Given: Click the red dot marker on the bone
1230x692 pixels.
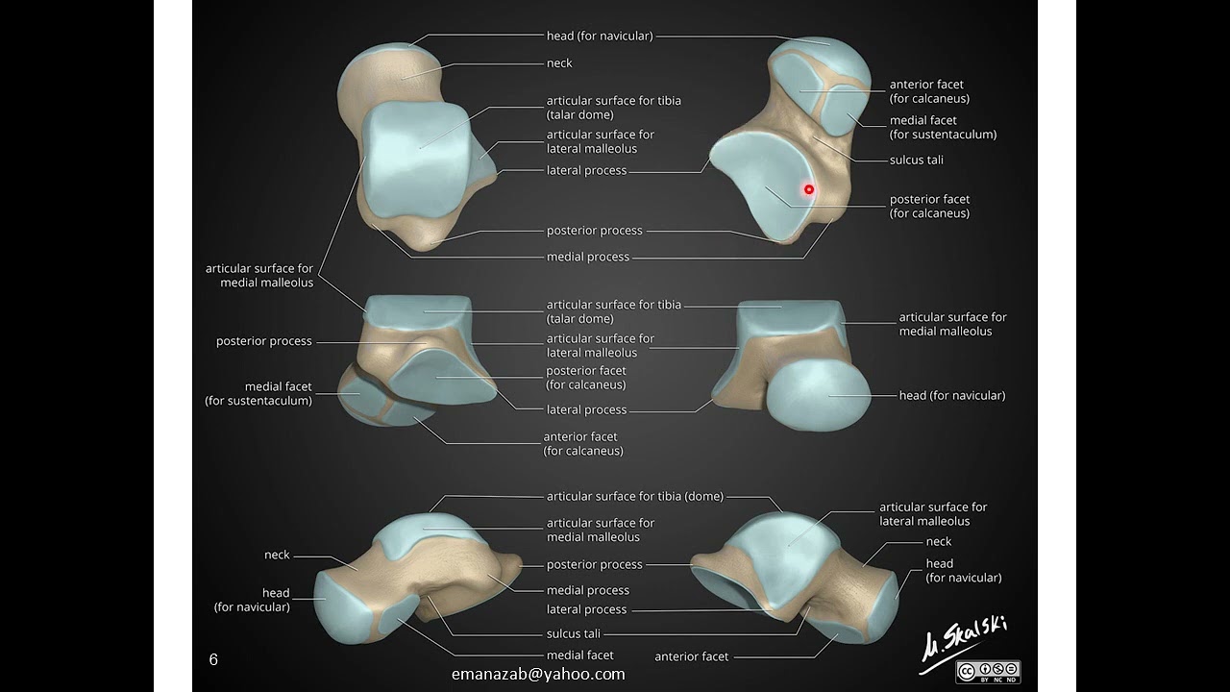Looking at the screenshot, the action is (809, 190).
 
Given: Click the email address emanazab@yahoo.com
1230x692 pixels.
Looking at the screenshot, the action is (538, 674).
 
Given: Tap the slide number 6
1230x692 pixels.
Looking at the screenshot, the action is (213, 659).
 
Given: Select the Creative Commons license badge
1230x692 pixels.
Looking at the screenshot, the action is (988, 671).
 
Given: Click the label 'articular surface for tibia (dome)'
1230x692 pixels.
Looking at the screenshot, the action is (634, 497).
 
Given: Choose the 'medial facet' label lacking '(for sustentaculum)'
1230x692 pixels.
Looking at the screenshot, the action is (579, 655).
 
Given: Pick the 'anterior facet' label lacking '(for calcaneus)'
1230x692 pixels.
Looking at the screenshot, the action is (691, 656).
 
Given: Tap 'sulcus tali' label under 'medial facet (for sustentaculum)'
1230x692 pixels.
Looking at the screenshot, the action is (916, 160).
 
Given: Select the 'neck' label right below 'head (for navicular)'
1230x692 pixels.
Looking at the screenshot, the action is (559, 63).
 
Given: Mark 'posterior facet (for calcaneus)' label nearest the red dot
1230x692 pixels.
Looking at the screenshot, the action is (929, 207).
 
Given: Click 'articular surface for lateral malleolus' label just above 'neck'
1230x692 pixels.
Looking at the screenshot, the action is (933, 514).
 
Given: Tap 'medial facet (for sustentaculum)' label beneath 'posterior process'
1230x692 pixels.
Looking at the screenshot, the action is (258, 394).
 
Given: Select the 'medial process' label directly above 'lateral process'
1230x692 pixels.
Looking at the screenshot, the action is (587, 590).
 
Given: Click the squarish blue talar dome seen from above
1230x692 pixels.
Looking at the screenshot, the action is (418, 159).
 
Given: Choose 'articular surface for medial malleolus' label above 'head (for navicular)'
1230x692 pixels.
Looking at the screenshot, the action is (952, 324).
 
